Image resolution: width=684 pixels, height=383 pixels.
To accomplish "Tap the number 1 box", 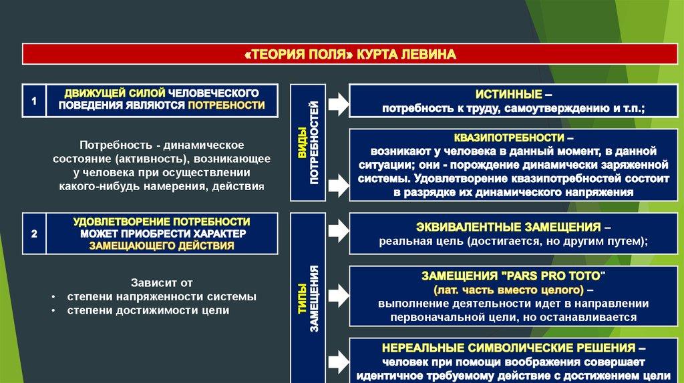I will (x=34, y=100).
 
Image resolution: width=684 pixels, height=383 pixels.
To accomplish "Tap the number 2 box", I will (x=34, y=233).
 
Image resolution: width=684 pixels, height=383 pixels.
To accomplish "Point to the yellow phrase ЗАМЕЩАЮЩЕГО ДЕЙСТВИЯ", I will (x=162, y=246).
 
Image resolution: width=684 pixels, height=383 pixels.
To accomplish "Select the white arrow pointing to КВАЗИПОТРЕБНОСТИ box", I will (x=337, y=180).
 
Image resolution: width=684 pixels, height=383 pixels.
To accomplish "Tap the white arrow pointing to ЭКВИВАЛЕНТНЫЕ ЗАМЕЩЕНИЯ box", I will (x=337, y=231).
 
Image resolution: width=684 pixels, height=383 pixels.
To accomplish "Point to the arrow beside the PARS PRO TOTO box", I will (x=337, y=292).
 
